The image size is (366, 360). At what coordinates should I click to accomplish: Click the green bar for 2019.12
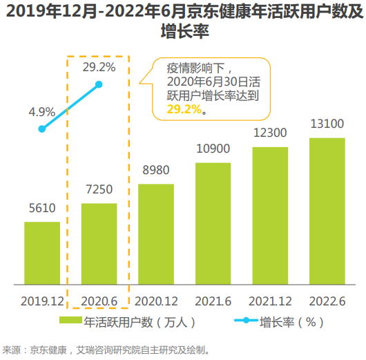[x=42, y=253]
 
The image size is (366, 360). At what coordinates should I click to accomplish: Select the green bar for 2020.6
[x=99, y=243]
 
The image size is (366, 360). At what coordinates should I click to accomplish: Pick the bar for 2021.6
[x=213, y=223]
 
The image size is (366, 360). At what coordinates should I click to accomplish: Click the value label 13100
[x=327, y=124]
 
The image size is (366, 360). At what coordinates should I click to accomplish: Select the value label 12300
[x=270, y=133]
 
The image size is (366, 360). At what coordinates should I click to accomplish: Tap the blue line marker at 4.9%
[x=42, y=129]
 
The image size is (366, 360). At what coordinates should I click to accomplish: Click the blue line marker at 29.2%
[x=99, y=84]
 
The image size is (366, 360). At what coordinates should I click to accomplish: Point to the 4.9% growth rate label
[x=41, y=111]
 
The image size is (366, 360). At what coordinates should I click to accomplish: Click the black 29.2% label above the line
[x=99, y=68]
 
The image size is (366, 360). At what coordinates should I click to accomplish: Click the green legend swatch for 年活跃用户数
[x=70, y=321]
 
